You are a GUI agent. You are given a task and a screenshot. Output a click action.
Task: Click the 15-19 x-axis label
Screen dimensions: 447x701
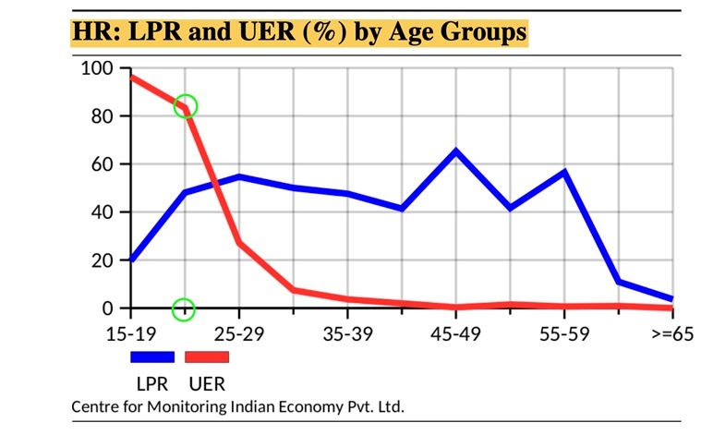tap(130, 332)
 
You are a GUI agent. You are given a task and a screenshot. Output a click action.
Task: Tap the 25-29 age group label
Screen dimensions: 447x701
tap(239, 332)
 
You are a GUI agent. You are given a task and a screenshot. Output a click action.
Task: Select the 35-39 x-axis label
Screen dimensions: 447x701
tap(347, 332)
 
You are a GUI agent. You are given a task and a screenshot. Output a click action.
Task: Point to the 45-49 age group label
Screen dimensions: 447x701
tap(455, 332)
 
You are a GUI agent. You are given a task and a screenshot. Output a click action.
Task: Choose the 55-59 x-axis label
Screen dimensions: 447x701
tap(563, 332)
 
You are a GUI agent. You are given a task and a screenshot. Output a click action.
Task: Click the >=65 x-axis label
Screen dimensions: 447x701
tap(671, 332)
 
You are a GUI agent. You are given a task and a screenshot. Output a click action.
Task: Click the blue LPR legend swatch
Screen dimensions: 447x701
tap(152, 356)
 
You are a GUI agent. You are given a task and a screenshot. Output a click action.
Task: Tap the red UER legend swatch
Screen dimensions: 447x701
tap(207, 356)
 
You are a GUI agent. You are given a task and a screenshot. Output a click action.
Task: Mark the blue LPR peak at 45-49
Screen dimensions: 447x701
tap(455, 151)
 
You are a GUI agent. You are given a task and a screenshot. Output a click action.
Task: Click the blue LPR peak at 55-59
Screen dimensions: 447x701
tap(563, 172)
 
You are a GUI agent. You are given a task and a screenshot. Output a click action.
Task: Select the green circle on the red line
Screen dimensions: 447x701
tap(186, 106)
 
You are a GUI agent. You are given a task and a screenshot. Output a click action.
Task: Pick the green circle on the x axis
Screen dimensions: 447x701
tap(185, 308)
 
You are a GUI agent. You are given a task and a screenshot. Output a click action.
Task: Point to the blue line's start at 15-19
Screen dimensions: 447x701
tap(132, 260)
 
